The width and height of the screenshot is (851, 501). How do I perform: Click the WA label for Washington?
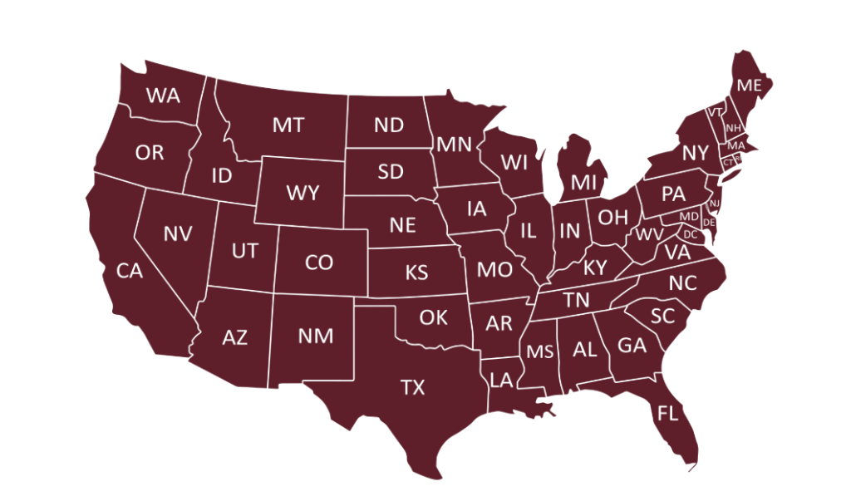point(163,95)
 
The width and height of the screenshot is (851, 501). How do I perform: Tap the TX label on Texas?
point(412,387)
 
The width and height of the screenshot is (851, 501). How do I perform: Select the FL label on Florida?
point(667,413)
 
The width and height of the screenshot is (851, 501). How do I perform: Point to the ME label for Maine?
point(749,86)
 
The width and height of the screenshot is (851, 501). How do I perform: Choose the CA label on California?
point(130,271)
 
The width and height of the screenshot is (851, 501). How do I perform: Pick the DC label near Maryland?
point(691,233)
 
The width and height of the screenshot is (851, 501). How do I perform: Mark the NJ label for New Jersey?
point(714,203)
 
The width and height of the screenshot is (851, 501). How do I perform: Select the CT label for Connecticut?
point(728,162)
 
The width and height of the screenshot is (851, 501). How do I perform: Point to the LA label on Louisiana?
point(501,380)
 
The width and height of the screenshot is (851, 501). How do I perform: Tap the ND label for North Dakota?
point(388,125)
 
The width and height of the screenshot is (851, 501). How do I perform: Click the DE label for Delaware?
point(709,223)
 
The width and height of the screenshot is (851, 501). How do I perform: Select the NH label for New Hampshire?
point(733,128)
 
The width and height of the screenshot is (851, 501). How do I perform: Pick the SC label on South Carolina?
point(662,316)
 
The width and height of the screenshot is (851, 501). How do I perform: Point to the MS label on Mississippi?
point(540,351)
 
